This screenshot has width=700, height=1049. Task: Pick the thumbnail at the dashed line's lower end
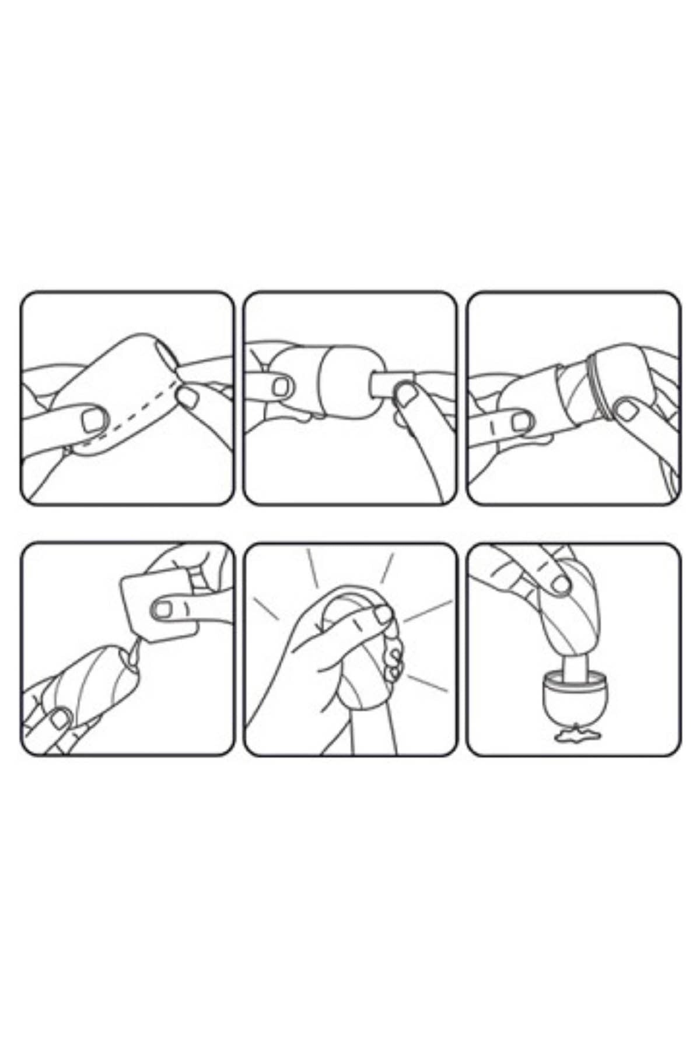tap(93, 419)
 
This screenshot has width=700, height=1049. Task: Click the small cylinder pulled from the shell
tap(387, 384)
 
